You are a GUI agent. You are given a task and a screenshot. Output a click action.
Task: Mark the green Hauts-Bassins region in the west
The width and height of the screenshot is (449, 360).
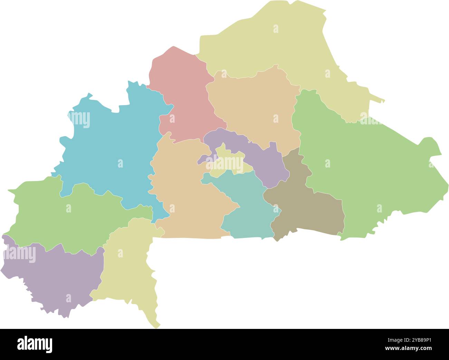[x=69, y=214]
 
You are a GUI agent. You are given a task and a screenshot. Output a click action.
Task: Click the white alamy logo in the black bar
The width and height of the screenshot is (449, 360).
[x=35, y=344]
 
